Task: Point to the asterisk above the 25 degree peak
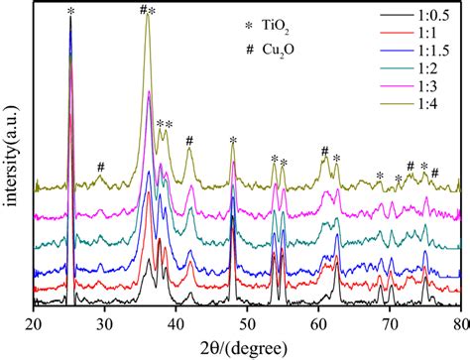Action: click(x=70, y=11)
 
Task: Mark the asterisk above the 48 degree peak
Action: click(x=233, y=140)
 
